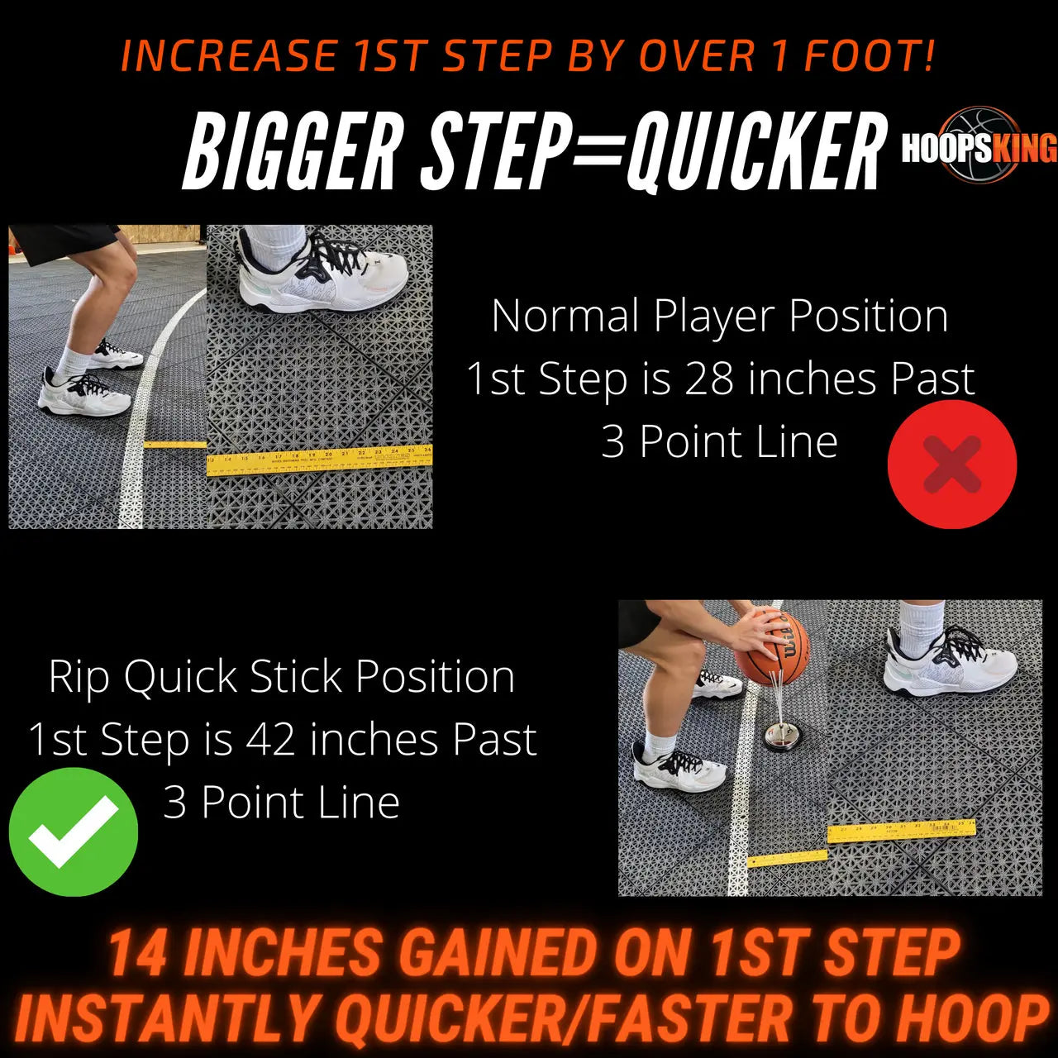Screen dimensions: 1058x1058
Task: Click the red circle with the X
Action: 951,465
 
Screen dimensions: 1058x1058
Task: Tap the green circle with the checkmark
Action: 74,832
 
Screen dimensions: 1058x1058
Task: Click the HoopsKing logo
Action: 979,146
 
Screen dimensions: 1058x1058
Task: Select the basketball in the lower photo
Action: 771,647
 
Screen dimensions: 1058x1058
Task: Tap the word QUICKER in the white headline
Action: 752,153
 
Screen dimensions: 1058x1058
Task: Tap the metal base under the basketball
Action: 779,734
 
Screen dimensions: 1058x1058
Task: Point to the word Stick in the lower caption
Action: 296,677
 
